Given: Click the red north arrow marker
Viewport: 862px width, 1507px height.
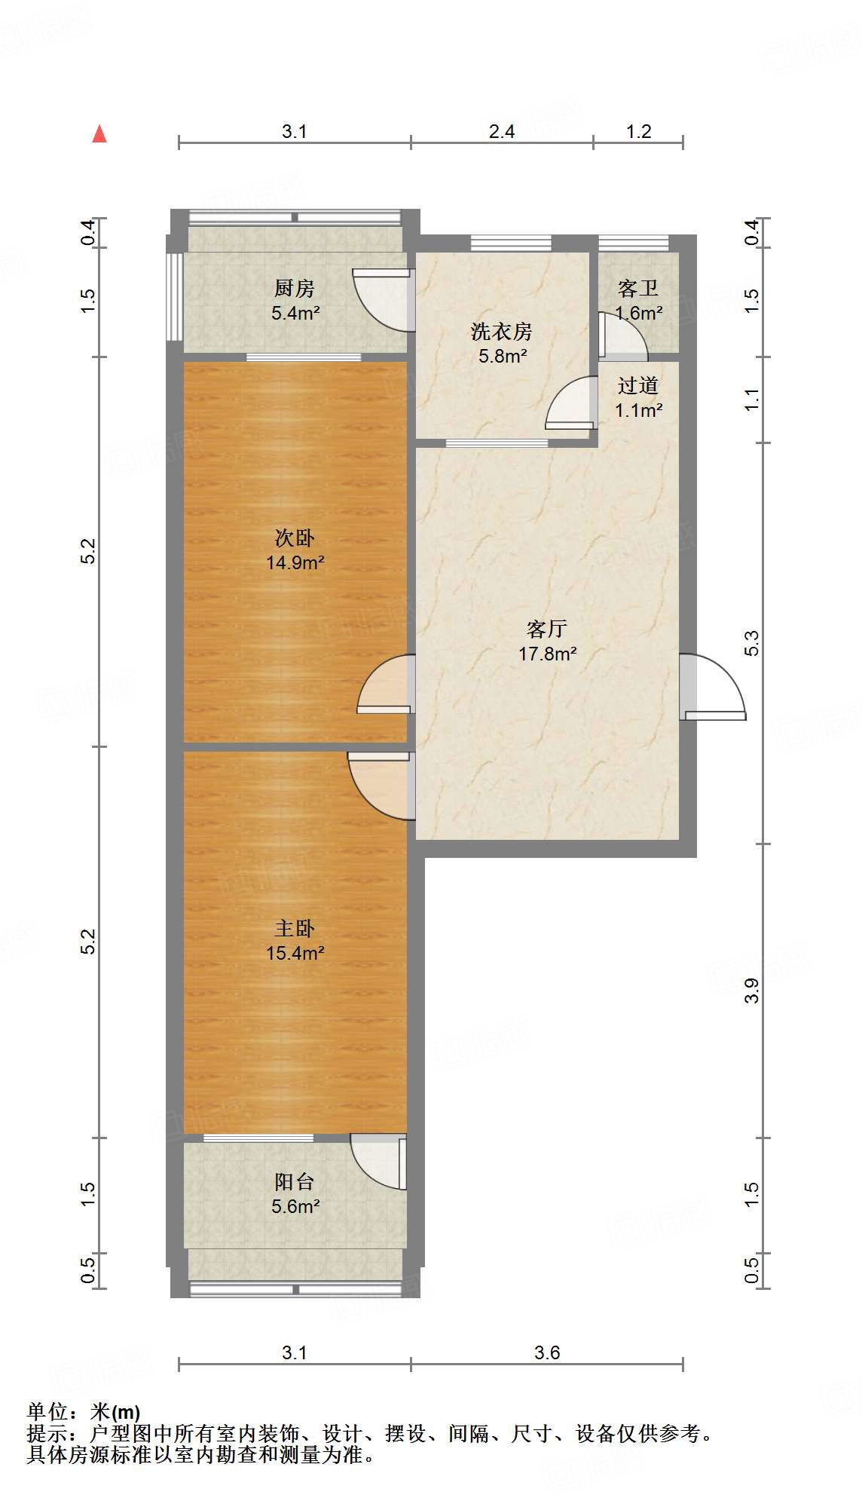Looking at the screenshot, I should pyautogui.click(x=99, y=134).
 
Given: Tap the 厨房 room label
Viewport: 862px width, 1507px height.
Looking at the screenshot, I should pyautogui.click(x=294, y=288).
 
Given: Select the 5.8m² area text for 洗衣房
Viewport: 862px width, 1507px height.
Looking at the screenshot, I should pyautogui.click(x=503, y=357).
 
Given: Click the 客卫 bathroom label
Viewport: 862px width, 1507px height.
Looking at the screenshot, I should pyautogui.click(x=637, y=289).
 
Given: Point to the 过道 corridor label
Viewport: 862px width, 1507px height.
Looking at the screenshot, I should pyautogui.click(x=637, y=386).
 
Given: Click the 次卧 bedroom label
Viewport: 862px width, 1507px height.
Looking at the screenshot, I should pyautogui.click(x=294, y=538).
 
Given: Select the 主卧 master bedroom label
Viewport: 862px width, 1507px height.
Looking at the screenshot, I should pyautogui.click(x=294, y=928).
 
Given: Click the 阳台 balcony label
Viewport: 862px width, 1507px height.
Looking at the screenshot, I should pyautogui.click(x=294, y=1181).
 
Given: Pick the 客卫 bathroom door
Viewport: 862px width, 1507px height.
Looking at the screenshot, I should pyautogui.click(x=621, y=336).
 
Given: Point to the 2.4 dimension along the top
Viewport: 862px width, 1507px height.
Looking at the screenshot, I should pyautogui.click(x=501, y=132).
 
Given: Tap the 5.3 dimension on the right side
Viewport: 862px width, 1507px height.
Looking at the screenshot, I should pyautogui.click(x=752, y=643).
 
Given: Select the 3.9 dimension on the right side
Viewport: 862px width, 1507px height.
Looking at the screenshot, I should pyautogui.click(x=752, y=991).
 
